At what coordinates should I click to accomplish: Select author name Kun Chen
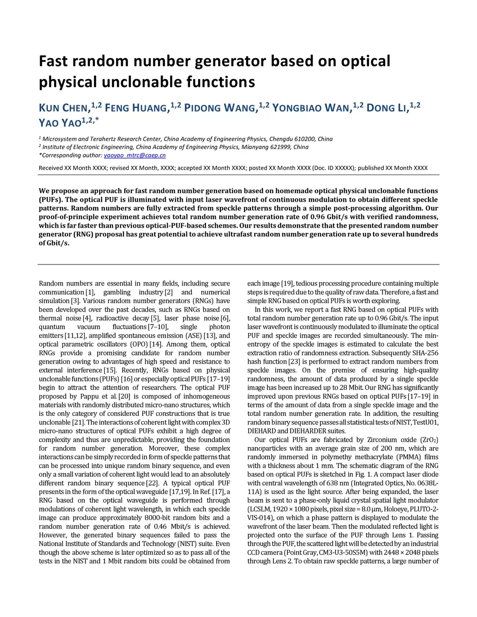point(64,108)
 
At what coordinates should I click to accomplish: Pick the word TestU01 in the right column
point(427,422)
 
